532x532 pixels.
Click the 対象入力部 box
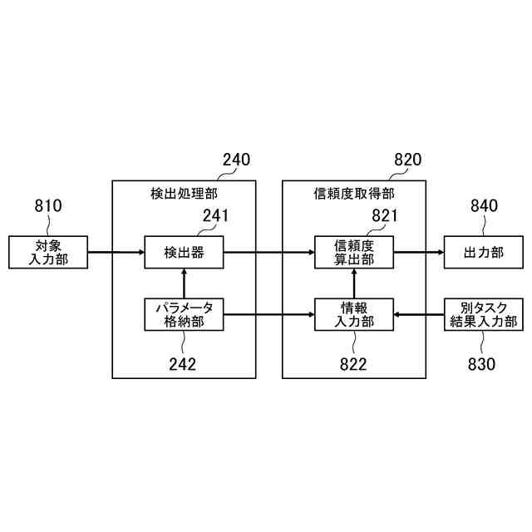click(x=48, y=252)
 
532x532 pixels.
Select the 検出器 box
click(x=184, y=252)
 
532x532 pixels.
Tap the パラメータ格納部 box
click(x=184, y=314)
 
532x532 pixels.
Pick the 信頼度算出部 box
click(x=354, y=252)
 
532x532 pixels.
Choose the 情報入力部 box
click(x=354, y=314)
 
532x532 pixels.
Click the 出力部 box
click(x=484, y=252)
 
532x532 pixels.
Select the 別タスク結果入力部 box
click(x=484, y=314)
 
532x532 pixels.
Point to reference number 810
click(x=48, y=205)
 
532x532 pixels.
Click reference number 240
click(x=236, y=160)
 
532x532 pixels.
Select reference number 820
click(x=406, y=160)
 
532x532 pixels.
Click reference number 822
click(x=353, y=363)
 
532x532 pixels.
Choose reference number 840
click(x=484, y=205)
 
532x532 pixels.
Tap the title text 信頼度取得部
click(x=354, y=194)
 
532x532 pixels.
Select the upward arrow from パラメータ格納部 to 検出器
click(x=184, y=283)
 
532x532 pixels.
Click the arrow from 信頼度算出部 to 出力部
click(x=419, y=252)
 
